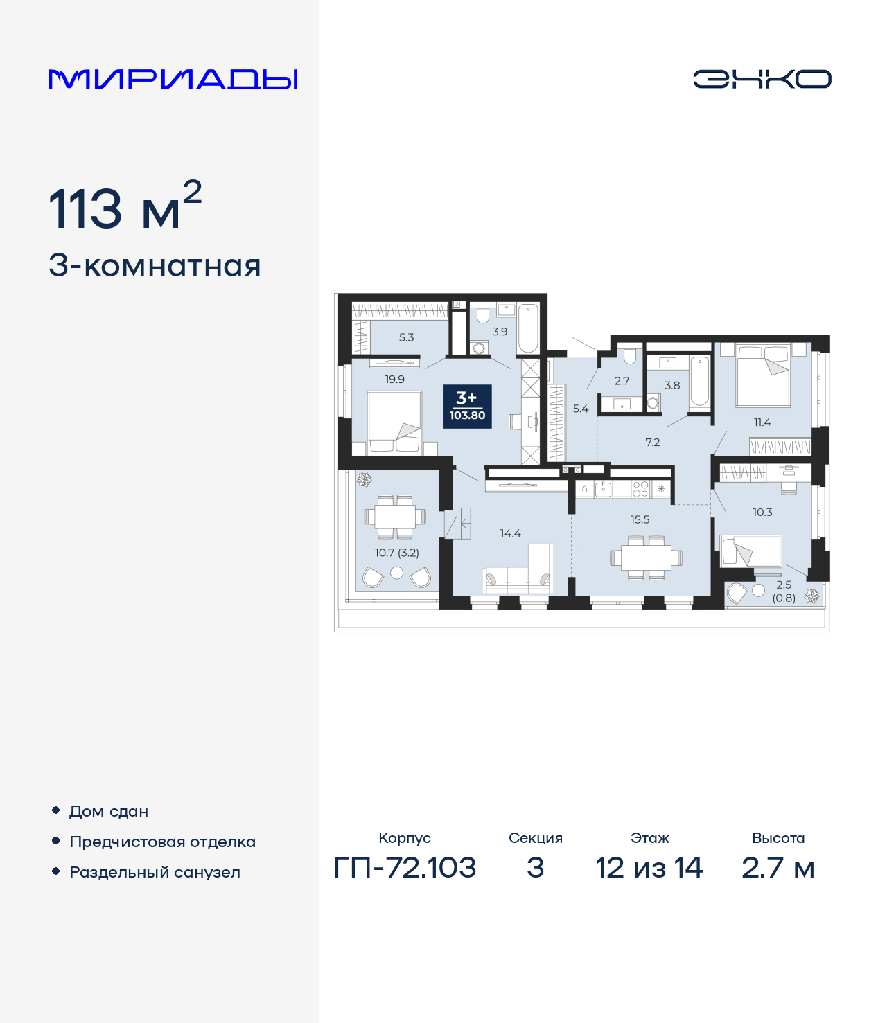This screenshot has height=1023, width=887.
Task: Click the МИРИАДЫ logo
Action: click(173, 79)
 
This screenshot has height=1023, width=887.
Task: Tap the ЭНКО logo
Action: click(762, 79)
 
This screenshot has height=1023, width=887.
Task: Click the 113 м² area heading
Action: click(125, 207)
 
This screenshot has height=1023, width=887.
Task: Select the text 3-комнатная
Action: click(155, 266)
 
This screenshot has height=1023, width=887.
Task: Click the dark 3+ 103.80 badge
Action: click(467, 407)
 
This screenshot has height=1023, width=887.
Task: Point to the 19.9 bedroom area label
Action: click(394, 380)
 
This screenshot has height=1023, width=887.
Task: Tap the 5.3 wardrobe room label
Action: click(406, 337)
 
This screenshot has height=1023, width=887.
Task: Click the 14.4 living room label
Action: click(510, 533)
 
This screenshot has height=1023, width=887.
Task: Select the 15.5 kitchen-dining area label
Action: click(640, 519)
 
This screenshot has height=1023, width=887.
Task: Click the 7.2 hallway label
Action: click(652, 442)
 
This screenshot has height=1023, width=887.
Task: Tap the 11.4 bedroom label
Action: click(762, 422)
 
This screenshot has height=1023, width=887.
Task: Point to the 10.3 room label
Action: click(762, 513)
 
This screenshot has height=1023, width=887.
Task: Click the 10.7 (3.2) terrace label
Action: click(396, 553)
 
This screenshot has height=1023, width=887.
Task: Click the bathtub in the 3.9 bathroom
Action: click(527, 328)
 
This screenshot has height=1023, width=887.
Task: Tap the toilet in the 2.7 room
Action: click(629, 357)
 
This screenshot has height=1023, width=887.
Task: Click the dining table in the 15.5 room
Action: click(646, 557)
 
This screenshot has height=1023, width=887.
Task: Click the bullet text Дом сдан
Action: click(109, 811)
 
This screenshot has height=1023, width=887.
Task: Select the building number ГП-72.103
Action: click(405, 867)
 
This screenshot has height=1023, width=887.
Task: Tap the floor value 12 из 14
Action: click(649, 867)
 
